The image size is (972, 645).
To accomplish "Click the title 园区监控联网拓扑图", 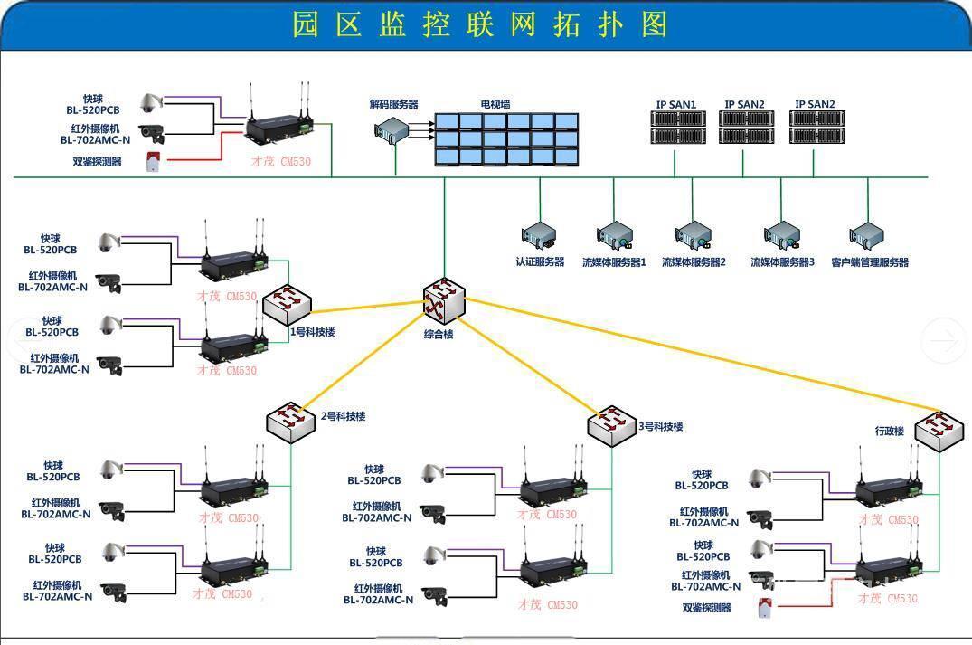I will (x=480, y=24).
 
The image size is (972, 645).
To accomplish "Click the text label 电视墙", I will (x=495, y=104).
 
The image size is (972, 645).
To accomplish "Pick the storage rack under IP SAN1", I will (x=675, y=128).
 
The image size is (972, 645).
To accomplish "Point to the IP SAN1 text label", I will (x=675, y=105).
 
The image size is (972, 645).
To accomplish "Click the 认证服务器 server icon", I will (x=540, y=237).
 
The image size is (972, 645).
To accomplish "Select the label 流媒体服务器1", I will (x=614, y=263).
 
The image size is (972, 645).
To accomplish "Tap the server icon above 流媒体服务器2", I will (x=694, y=237).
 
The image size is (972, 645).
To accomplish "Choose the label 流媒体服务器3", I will (x=782, y=263).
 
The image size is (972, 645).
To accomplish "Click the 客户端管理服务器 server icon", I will (x=867, y=237).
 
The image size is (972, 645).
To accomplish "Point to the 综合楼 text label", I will (x=439, y=334).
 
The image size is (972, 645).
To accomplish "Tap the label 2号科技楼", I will (x=344, y=417).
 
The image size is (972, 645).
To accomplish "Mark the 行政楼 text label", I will (x=889, y=431).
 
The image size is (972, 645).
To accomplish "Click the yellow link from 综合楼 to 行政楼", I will (x=705, y=354).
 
